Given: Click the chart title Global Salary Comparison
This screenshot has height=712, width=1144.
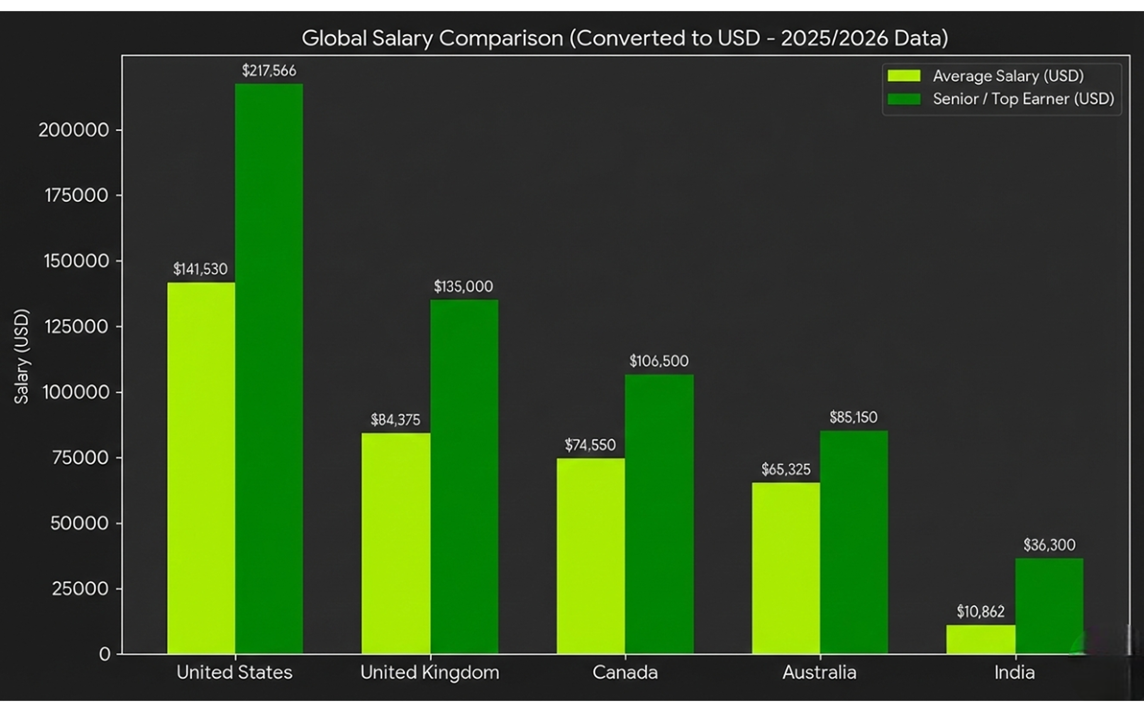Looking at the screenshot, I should (x=624, y=38).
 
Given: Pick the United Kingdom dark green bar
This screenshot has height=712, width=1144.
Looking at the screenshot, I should (x=464, y=476).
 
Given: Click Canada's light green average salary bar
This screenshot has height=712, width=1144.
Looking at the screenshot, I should (x=591, y=556).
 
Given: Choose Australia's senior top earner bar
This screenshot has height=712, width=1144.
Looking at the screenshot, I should (x=854, y=542).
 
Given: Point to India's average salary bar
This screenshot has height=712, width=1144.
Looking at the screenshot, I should (x=981, y=639).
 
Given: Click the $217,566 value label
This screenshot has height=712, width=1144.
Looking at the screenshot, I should (x=269, y=71).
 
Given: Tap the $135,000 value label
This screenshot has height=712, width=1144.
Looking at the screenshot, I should (x=463, y=286).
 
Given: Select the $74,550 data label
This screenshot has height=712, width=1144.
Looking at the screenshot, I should (x=590, y=445).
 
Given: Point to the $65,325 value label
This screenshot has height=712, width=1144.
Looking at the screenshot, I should (x=786, y=469).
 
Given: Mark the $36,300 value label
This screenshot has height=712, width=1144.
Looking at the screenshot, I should (x=1049, y=545).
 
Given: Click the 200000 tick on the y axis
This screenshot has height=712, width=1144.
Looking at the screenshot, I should (x=74, y=130).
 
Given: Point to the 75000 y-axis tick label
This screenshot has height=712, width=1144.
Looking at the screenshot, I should (x=80, y=458).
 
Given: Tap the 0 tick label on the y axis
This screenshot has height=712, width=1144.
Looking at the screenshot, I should (x=105, y=654).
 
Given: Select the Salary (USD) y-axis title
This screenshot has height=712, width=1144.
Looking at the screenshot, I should (x=22, y=356).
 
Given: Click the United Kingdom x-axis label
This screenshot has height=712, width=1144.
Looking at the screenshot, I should (x=429, y=673).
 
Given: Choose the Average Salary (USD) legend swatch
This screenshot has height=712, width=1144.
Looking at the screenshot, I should (x=904, y=76).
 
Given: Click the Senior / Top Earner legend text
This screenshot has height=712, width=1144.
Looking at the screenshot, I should (x=1023, y=99).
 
